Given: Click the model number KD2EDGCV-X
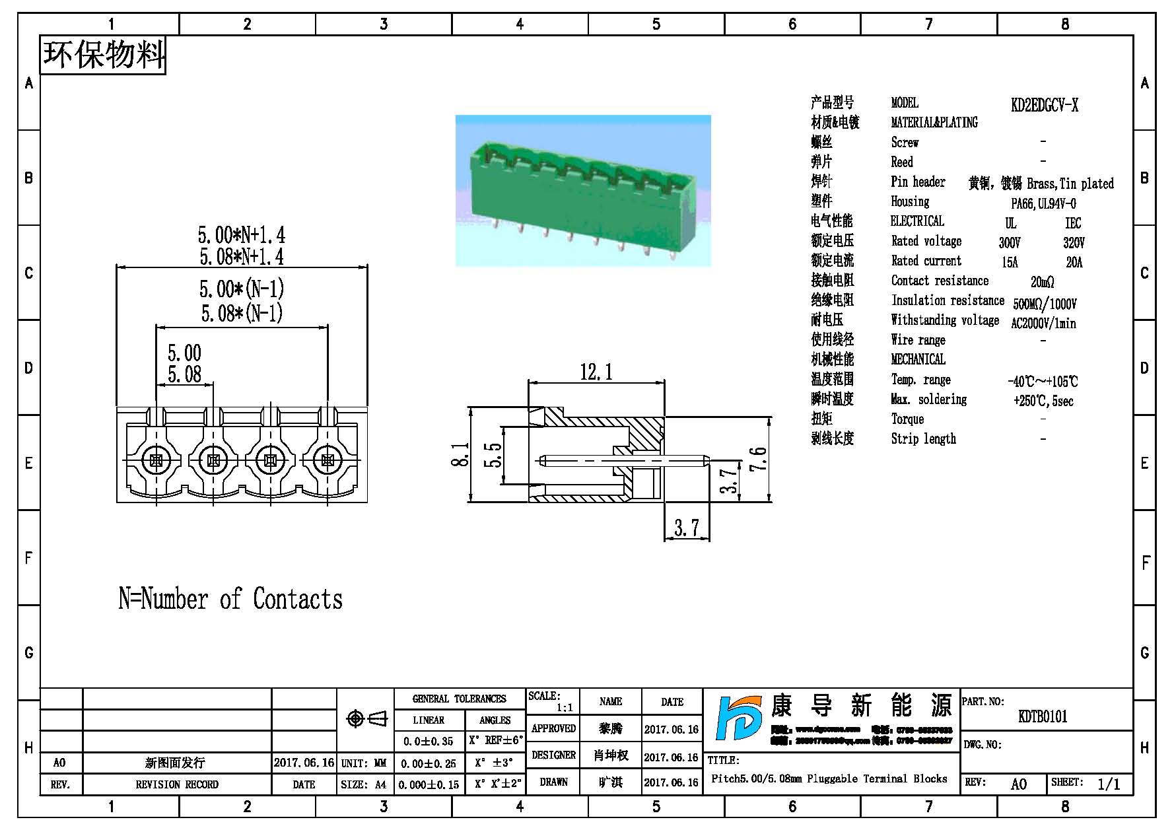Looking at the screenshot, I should pyautogui.click(x=1044, y=105).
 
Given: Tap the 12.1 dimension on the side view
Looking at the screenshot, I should pyautogui.click(x=596, y=372).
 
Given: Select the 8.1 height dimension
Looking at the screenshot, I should pyautogui.click(x=460, y=454).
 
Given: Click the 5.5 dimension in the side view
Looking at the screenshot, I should pyautogui.click(x=493, y=455).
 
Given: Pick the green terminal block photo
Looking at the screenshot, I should pyautogui.click(x=582, y=190).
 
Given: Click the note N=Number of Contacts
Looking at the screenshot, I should pyautogui.click(x=230, y=598).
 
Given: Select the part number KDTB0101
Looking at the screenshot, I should pyautogui.click(x=1042, y=716).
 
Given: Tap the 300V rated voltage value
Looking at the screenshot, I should pyautogui.click(x=1009, y=243).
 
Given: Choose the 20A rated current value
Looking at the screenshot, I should pyautogui.click(x=1074, y=263).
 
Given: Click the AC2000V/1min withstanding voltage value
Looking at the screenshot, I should pyautogui.click(x=1043, y=324).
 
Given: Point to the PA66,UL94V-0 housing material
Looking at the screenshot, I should pyautogui.click(x=1043, y=203).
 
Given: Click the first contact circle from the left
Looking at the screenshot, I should pyautogui.click(x=156, y=460).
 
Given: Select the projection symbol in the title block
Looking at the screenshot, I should pyautogui.click(x=366, y=718).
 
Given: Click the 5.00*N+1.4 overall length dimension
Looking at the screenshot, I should pyautogui.click(x=241, y=235).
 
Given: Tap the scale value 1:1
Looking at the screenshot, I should pyautogui.click(x=564, y=707).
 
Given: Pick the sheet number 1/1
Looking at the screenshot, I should pyautogui.click(x=1109, y=784).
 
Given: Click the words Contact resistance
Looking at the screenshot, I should pyautogui.click(x=940, y=281).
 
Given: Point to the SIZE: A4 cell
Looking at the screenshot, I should pyautogui.click(x=365, y=784).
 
